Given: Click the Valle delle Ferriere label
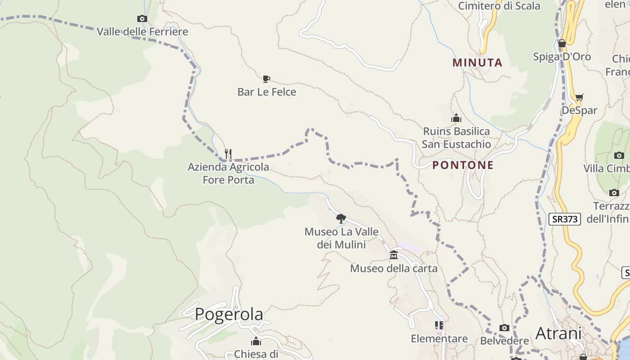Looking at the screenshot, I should point(142,32).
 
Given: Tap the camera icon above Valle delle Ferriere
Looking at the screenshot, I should point(142,18).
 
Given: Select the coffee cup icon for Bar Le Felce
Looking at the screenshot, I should point(266,79).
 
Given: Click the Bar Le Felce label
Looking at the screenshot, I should point(267,92).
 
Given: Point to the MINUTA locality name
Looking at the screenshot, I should point(477,63).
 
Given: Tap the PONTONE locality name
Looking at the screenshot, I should point(463,165).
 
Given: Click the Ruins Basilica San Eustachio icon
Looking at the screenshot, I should point(456,118).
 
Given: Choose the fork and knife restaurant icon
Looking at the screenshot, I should point(228,154).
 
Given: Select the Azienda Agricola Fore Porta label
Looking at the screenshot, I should point(229,173).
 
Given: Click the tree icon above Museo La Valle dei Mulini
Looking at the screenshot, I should point(341,219).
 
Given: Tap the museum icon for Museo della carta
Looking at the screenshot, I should point(394,255).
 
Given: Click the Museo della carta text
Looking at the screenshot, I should point(394,269).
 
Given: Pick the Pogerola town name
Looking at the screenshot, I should point(229,314).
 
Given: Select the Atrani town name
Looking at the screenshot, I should point(558,333).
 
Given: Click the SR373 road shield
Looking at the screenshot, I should point(565,219).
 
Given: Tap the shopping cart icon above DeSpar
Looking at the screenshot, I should point(580,97).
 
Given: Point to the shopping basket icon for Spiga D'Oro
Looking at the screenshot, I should point(562,43).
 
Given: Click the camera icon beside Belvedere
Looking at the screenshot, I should point(504,328).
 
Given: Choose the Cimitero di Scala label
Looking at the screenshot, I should point(499,6).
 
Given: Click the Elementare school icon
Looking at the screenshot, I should point(439,325).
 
